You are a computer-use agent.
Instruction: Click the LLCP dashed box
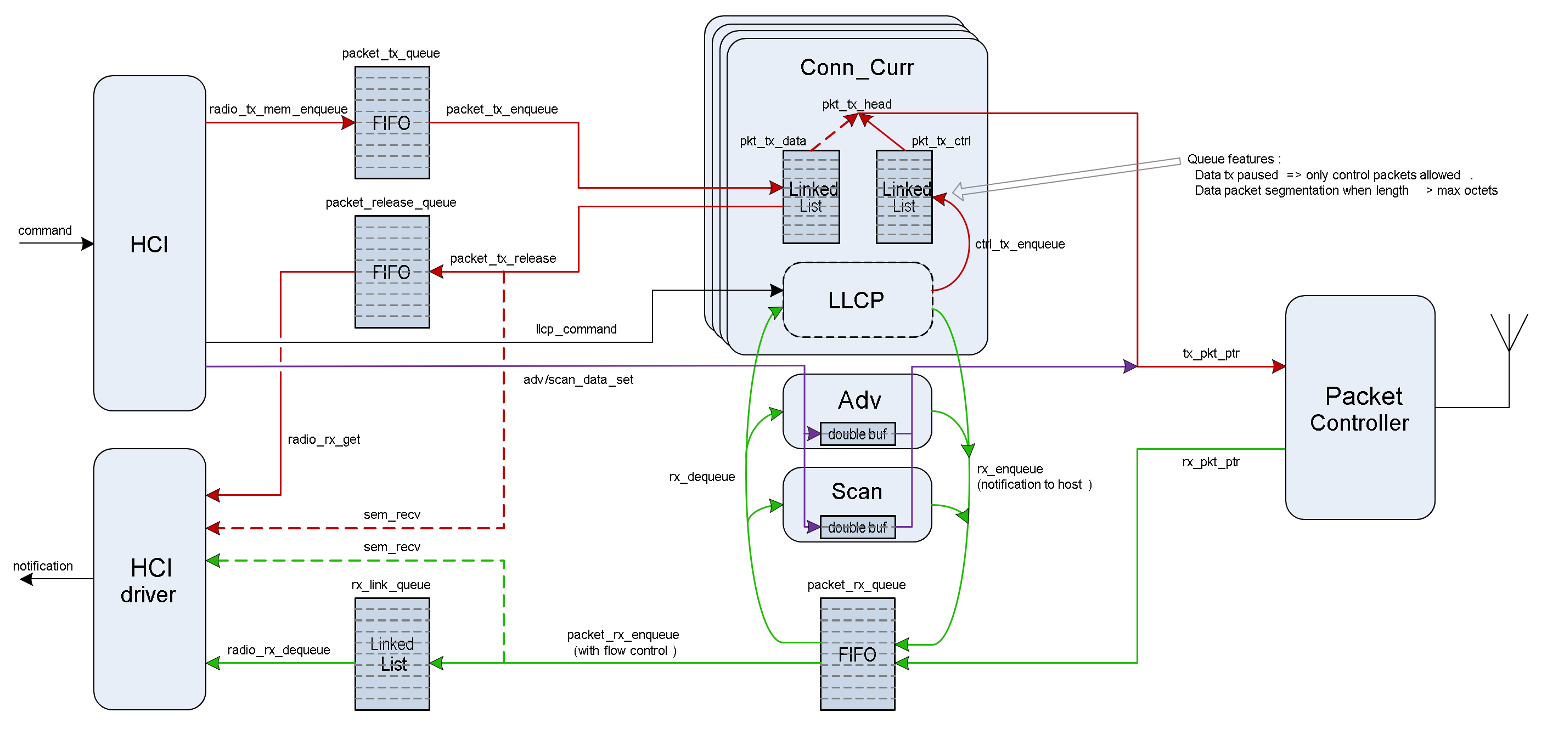coord(857,299)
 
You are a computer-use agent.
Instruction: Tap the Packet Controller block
coord(1360,408)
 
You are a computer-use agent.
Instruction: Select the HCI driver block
coord(149,579)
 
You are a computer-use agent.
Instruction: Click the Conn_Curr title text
coord(857,67)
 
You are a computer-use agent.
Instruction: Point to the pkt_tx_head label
coord(857,104)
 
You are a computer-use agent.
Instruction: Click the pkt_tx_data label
coord(772,141)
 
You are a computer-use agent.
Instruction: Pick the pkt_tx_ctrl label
coord(941,141)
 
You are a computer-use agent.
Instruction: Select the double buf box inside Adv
coord(857,434)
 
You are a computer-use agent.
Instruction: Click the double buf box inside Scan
coord(857,527)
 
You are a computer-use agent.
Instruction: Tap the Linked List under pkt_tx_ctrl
coord(904,197)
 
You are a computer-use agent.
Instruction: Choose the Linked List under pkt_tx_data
coord(811,197)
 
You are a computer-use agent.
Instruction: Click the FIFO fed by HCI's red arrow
coord(392,122)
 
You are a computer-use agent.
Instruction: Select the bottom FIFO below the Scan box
coord(857,654)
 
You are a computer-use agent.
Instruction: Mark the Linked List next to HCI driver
coord(392,654)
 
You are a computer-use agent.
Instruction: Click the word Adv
coord(859,400)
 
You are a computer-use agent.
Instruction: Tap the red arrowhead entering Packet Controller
coord(1279,366)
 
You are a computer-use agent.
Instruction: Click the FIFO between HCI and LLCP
coord(392,272)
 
